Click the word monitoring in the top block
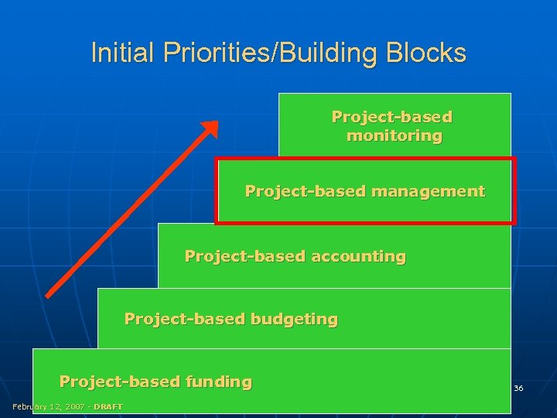click(x=395, y=135)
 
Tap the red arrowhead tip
click(x=217, y=122)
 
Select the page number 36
click(x=518, y=388)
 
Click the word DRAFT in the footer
click(x=108, y=406)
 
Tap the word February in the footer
click(x=29, y=406)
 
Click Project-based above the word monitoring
click(x=391, y=117)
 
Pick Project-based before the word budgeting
click(x=168, y=318)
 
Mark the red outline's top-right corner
click(x=513, y=159)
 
